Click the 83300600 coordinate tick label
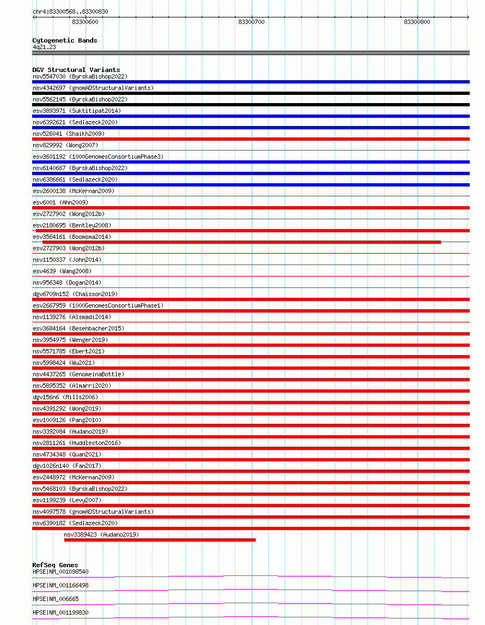tap(85, 22)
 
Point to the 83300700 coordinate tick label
tap(251, 22)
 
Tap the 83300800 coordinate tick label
tap(417, 22)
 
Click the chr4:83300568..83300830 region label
tap(70, 11)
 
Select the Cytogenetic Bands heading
tap(64, 40)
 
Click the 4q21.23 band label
tap(44, 47)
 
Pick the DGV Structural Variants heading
tap(76, 70)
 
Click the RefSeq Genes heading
tap(55, 565)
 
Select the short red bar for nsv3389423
tap(160, 540)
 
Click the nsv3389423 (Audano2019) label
tap(101, 534)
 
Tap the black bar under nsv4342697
tap(251, 93)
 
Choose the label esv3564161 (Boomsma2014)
tap(72, 237)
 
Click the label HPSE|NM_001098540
tap(60, 572)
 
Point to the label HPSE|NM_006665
tap(56, 599)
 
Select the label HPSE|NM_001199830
tap(60, 612)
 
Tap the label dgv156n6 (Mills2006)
tap(65, 397)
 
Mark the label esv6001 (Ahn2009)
tap(60, 202)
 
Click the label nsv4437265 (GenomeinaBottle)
tap(78, 374)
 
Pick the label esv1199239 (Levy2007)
tap(67, 500)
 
